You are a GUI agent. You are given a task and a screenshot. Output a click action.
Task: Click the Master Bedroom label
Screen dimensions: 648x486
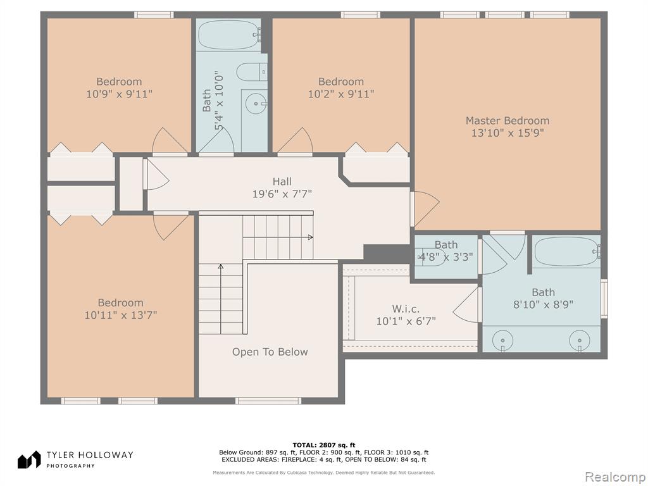tap(508, 121)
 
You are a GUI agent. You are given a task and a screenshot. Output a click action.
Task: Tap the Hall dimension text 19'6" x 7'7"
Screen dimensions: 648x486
tap(282, 194)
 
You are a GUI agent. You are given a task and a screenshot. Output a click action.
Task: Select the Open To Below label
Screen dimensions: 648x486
tap(270, 352)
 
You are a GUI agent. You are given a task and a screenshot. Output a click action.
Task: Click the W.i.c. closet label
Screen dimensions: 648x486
tap(406, 309)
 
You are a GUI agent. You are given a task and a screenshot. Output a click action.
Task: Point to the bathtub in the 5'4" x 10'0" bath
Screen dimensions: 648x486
tap(229, 35)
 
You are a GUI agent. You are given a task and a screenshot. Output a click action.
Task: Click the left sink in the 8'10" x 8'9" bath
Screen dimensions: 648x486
tap(503, 341)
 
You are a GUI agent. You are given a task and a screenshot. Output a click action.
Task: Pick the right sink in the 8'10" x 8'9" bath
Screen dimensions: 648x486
tap(580, 341)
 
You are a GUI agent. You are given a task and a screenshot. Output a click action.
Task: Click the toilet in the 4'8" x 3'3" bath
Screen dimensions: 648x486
tap(430, 257)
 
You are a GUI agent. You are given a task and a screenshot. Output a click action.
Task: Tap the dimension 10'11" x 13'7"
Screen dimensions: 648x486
tap(121, 315)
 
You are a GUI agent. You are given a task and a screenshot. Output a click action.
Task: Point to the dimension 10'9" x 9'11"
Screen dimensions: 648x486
tap(119, 94)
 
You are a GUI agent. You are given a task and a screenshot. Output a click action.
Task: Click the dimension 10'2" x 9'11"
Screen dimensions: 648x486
tap(341, 94)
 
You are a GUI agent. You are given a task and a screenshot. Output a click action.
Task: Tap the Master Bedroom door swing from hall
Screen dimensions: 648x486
tap(426, 209)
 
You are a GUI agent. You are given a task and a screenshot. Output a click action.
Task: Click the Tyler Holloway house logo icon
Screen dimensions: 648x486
tap(29, 459)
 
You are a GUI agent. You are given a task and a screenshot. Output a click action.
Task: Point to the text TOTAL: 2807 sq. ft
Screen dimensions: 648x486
tap(323, 445)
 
